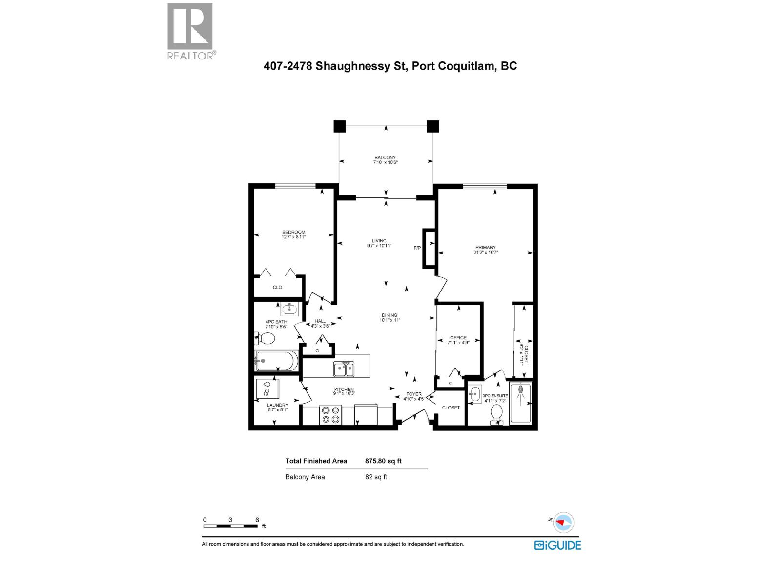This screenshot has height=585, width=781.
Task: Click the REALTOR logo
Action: coord(190,32)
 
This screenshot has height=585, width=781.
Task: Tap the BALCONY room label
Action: coord(385,157)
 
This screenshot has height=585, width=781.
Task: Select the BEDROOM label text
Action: coord(293,232)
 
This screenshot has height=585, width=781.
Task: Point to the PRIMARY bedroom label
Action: coord(486,248)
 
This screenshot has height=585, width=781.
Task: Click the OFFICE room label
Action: coord(458,337)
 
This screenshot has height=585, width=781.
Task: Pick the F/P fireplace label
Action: coord(417,248)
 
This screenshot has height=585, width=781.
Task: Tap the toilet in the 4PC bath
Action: coord(266,338)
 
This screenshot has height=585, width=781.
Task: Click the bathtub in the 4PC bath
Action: coord(276,361)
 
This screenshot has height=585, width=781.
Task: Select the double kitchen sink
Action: coord(344,369)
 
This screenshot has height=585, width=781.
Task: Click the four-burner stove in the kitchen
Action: coord(330,415)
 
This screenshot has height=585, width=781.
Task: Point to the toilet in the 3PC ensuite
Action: coord(497,413)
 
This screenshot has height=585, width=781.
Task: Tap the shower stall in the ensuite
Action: coord(520,403)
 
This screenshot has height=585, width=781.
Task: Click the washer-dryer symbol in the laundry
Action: coord(267,389)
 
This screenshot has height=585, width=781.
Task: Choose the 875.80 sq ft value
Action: coord(383,461)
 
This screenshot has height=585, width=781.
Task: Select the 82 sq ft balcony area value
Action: coord(376,477)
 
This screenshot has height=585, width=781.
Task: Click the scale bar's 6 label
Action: coord(257,520)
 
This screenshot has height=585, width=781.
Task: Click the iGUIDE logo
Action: coord(557,545)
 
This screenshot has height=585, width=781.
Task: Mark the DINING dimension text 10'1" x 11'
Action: coord(390,320)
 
